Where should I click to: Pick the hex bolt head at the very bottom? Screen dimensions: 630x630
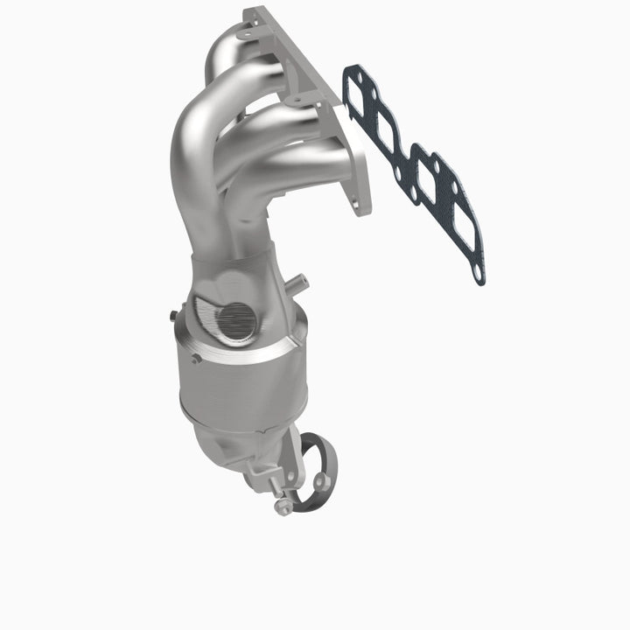(283, 507)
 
